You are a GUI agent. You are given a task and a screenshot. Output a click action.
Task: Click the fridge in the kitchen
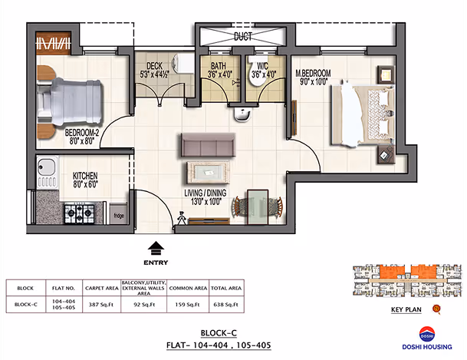pyautogui.click(x=119, y=213)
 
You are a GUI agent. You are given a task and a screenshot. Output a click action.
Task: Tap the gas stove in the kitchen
pyautogui.click(x=79, y=213)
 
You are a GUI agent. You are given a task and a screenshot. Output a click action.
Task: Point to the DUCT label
pyautogui.click(x=243, y=37)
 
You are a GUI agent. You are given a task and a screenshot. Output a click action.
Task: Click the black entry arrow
pyautogui.click(x=156, y=248)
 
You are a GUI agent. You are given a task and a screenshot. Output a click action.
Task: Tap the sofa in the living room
pyautogui.click(x=208, y=145)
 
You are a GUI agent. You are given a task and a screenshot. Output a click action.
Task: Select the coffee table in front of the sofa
pyautogui.click(x=208, y=172)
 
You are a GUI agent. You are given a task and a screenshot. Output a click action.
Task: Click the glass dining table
pyautogui.click(x=258, y=206)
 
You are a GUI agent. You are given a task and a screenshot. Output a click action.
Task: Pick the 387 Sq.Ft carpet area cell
pyautogui.click(x=101, y=305)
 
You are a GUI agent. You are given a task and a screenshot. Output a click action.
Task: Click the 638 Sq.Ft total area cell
pyautogui.click(x=225, y=305)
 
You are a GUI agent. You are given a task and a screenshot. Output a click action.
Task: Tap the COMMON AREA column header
pyautogui.click(x=188, y=288)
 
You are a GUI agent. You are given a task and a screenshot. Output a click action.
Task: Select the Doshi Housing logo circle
pyautogui.click(x=427, y=335)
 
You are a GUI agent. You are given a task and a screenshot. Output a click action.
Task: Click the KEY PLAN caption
pyautogui.click(x=406, y=309)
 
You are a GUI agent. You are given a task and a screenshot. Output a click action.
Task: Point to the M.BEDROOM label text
pyautogui.click(x=313, y=73)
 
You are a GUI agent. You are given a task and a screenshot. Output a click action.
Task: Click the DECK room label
pyautogui.click(x=154, y=66)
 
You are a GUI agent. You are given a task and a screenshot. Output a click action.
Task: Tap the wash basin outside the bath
pyautogui.click(x=242, y=114)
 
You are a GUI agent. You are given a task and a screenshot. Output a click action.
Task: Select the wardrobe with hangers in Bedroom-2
pyautogui.click(x=54, y=43)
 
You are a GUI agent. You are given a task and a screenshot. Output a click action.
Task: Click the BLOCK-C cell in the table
pyautogui.click(x=25, y=305)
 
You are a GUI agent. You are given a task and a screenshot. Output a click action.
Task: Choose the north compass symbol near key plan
pyautogui.click(x=436, y=309)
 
